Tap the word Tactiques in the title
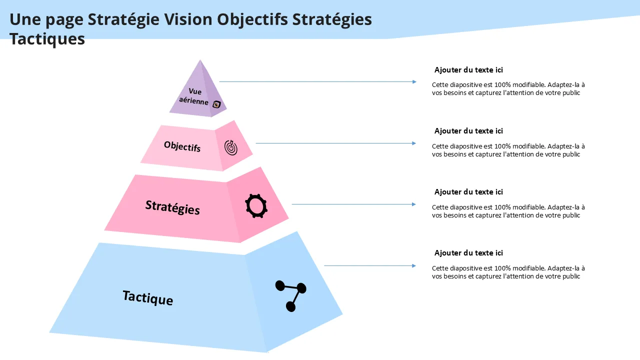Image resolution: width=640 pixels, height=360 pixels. pos(47,39)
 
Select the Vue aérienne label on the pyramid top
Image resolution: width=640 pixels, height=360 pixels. pos(194,96)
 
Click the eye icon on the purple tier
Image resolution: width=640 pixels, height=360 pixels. pos(216,104)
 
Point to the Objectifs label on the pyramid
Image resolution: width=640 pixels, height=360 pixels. pos(182,146)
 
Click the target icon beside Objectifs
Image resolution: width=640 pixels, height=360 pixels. pos(231,147)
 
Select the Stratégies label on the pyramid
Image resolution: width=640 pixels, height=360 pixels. pos(172,207)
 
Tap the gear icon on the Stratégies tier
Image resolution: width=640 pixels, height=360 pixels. pos(256,205)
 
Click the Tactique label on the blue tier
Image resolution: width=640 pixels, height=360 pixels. pos(148,297)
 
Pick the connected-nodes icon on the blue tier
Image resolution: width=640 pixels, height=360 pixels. pos(291,295)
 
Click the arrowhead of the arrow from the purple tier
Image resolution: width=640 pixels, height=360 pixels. pos(414,81)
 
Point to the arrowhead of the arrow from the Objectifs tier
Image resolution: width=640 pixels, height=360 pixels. pos(414,143)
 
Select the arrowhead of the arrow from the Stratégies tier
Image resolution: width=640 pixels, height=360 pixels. pos(414,204)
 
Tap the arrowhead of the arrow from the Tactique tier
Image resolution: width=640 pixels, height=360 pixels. pos(414,265)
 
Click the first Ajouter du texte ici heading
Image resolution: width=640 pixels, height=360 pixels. pos(468,70)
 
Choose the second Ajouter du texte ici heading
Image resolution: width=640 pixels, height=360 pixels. pos(468,131)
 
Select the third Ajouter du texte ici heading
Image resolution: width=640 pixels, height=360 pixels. pos(468,192)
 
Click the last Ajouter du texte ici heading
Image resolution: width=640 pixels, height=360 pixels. pos(468,253)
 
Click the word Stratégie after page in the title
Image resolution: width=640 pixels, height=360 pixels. pos(123,19)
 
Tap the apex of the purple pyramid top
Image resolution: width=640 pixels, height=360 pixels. pos(200,61)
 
